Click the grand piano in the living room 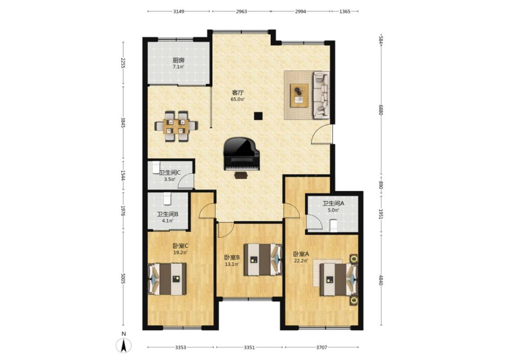click(x=242, y=154)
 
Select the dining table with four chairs click(x=176, y=126)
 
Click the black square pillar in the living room click(x=258, y=116)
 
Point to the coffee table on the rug click(x=299, y=95)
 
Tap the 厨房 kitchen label click(x=179, y=60)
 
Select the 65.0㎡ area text click(x=237, y=99)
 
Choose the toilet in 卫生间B click(x=167, y=198)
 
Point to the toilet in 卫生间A click(x=333, y=225)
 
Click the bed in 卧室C click(x=167, y=279)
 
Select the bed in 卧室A click(x=339, y=279)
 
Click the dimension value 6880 click(x=381, y=110)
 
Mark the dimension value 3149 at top click(x=179, y=11)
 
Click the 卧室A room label click(x=301, y=254)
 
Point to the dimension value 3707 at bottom click(x=322, y=347)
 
